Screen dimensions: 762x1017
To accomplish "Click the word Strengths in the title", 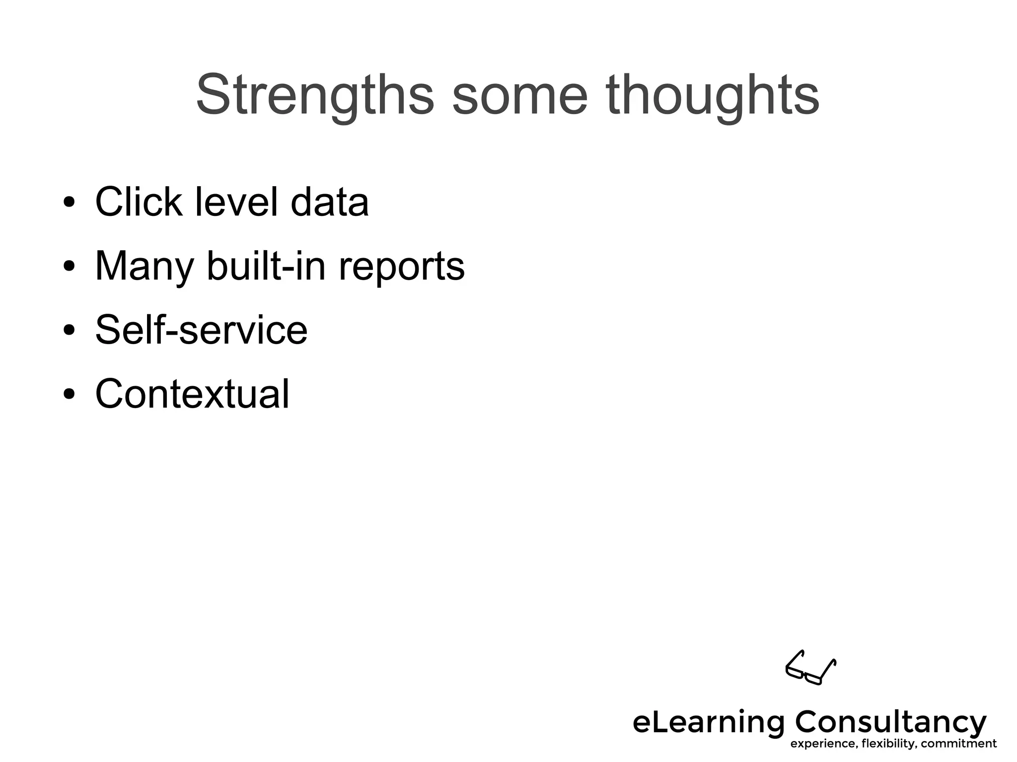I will click(x=315, y=95).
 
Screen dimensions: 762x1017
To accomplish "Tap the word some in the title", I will click(x=520, y=95).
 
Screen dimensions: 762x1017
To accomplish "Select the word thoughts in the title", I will click(x=713, y=95).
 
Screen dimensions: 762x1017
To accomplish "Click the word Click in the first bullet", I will click(x=139, y=202).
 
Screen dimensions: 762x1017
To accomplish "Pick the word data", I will click(x=329, y=202).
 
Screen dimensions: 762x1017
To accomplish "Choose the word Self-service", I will click(x=201, y=330).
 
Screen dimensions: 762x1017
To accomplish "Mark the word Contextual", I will click(x=192, y=394).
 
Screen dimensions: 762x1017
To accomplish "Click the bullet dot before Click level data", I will click(x=70, y=203).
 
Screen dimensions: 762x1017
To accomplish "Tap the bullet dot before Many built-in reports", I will click(x=70, y=267).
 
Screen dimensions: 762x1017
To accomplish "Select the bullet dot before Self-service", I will click(x=70, y=330).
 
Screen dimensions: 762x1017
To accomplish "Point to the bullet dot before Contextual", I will click(x=70, y=394).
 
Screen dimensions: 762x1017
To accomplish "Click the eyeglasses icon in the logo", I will click(x=810, y=668).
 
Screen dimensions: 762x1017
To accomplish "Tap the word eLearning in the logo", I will click(x=708, y=723).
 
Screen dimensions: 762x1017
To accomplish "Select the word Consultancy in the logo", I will click(x=891, y=723).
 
